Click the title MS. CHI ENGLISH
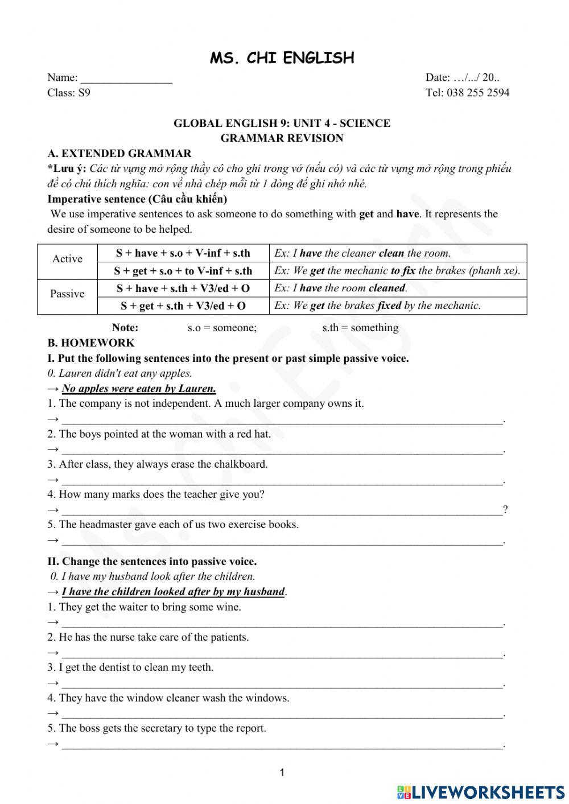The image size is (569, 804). (282, 58)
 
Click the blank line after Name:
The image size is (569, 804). (126, 79)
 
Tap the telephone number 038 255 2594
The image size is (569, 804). (478, 93)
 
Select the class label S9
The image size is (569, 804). (84, 93)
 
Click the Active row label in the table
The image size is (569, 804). (67, 259)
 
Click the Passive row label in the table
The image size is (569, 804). (67, 294)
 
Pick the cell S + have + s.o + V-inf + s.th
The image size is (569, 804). (183, 253)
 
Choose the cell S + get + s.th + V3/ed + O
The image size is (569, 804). (183, 306)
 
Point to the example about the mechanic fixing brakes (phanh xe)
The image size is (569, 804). (397, 271)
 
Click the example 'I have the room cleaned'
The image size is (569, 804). (340, 288)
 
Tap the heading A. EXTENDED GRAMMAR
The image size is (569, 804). (119, 154)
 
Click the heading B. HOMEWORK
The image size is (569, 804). (91, 343)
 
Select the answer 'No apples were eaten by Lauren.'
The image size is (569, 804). (139, 389)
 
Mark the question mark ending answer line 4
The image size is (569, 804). (505, 509)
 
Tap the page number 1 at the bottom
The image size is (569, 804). (282, 772)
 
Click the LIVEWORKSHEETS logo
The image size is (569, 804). (481, 791)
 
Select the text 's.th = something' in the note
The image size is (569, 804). (360, 328)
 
